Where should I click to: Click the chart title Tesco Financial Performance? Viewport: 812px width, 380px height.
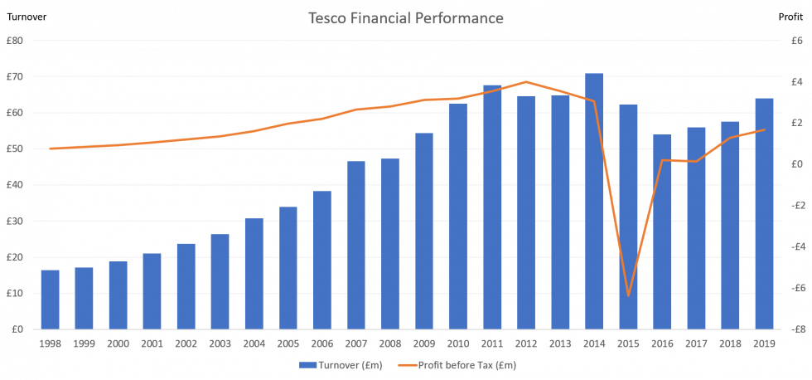click(405, 17)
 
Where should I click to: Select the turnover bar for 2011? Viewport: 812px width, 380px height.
click(492, 207)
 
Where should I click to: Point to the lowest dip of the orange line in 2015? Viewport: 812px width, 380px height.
click(628, 295)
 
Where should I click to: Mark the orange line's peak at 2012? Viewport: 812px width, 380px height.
click(526, 81)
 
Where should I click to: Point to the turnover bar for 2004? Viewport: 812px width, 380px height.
click(254, 274)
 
